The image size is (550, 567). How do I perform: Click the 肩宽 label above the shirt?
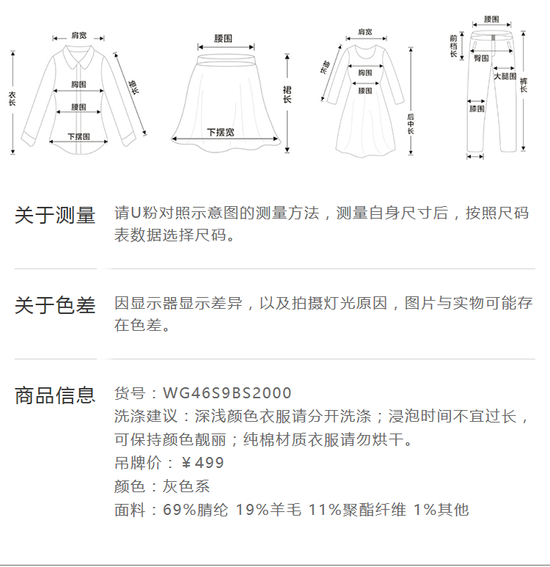tap(78, 35)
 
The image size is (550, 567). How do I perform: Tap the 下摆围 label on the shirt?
tap(78, 136)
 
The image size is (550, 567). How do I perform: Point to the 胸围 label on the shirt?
tap(79, 84)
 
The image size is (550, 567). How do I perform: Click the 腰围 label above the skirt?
tap(224, 38)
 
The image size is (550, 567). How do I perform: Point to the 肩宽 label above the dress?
tap(364, 32)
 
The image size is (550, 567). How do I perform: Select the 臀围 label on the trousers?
tap(482, 57)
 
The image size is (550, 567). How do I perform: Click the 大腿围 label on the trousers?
tap(505, 76)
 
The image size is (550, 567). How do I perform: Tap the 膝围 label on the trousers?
tap(477, 109)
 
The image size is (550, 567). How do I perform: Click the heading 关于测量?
tap(55, 216)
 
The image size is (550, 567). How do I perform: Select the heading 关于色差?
tap(55, 305)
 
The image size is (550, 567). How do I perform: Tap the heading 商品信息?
tap(55, 395)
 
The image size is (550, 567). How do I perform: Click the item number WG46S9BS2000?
tap(227, 393)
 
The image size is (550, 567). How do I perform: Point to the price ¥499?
tap(202, 463)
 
